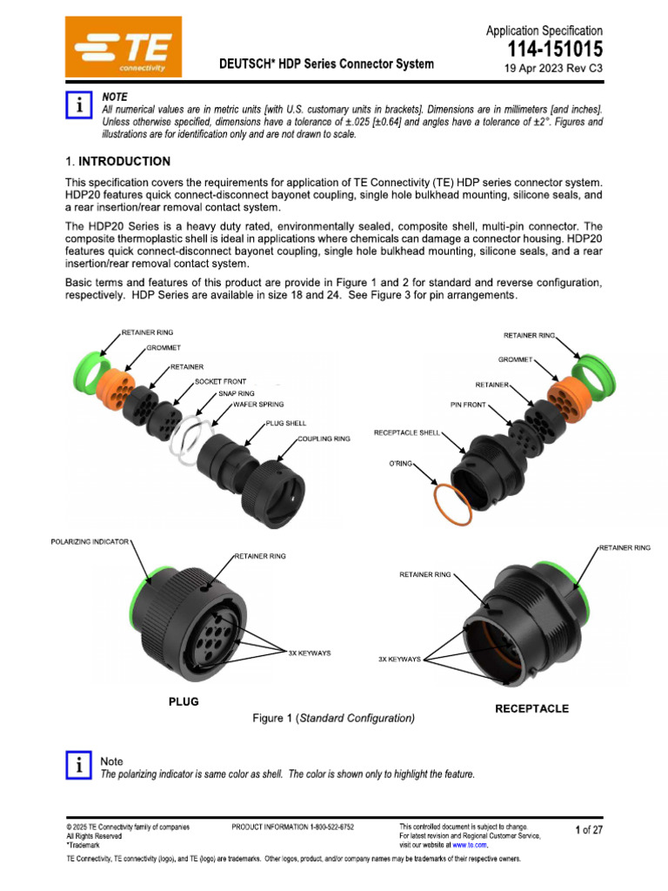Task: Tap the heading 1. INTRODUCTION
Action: tap(118, 162)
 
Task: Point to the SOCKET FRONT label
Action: tap(221, 382)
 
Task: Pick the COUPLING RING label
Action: tap(324, 439)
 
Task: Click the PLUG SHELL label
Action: tap(286, 423)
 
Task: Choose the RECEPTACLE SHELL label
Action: tap(407, 432)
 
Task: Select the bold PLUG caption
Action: tap(184, 701)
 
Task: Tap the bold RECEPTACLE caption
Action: tap(531, 708)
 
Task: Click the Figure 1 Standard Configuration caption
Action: tap(333, 719)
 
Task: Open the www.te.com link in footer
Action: tap(469, 845)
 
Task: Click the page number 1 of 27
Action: tap(589, 830)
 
